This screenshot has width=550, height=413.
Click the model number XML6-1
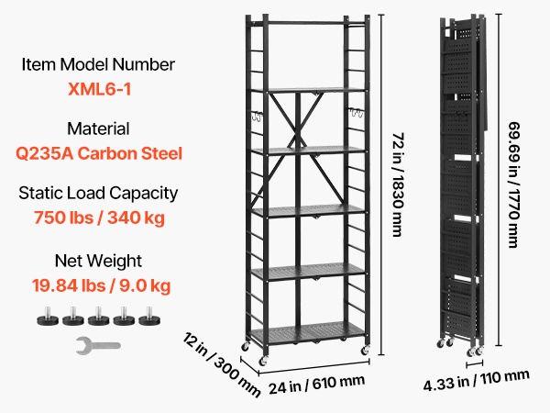click(x=100, y=89)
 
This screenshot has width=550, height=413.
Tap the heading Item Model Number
click(x=98, y=64)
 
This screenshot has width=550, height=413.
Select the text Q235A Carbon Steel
click(x=99, y=153)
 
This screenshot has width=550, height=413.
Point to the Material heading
click(x=98, y=128)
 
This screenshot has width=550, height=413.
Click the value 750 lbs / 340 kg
click(x=99, y=218)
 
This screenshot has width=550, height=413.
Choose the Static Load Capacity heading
click(x=98, y=194)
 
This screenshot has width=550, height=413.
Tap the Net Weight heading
click(x=98, y=261)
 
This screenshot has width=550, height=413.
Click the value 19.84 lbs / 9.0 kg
click(x=101, y=285)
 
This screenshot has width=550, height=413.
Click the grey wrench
click(x=98, y=346)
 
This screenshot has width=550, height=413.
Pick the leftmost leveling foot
click(x=48, y=317)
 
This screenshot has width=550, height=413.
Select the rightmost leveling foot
click(x=149, y=317)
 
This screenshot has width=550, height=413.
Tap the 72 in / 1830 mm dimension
click(x=398, y=184)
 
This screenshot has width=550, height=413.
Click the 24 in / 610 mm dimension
click(x=317, y=385)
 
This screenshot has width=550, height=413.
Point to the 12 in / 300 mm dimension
click(x=221, y=364)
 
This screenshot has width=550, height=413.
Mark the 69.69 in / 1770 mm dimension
click(x=514, y=184)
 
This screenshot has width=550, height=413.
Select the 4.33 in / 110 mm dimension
click(x=477, y=380)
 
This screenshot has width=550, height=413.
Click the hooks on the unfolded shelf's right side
click(x=356, y=114)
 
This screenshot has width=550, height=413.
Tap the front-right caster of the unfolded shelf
click(x=365, y=351)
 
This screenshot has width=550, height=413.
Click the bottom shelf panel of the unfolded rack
click(x=308, y=332)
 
